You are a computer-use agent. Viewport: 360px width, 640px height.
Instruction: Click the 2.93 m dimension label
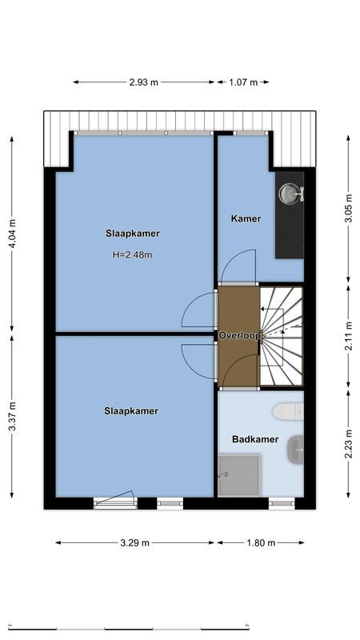(143, 82)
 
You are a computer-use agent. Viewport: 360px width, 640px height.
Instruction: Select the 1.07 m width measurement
(242, 82)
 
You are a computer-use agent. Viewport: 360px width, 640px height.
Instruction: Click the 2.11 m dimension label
(348, 336)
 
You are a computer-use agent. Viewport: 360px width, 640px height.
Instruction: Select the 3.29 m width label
(134, 542)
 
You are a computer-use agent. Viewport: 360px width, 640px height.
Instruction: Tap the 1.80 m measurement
(259, 542)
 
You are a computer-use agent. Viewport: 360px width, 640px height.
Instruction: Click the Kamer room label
(246, 218)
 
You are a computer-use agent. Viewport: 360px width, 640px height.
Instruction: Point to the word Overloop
(240, 337)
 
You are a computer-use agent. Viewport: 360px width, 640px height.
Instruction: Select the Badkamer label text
(254, 439)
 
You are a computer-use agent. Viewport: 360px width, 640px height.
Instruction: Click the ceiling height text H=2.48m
(132, 255)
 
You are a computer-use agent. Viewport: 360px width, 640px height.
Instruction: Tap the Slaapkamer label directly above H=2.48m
(132, 234)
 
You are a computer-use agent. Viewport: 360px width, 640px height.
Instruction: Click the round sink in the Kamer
(289, 193)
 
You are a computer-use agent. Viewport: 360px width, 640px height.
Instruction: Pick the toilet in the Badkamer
(288, 411)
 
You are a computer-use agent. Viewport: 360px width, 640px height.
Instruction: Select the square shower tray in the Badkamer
(238, 475)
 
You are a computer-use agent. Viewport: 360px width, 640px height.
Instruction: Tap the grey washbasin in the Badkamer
(296, 450)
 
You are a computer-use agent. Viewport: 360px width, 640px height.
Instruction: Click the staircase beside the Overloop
(282, 336)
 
